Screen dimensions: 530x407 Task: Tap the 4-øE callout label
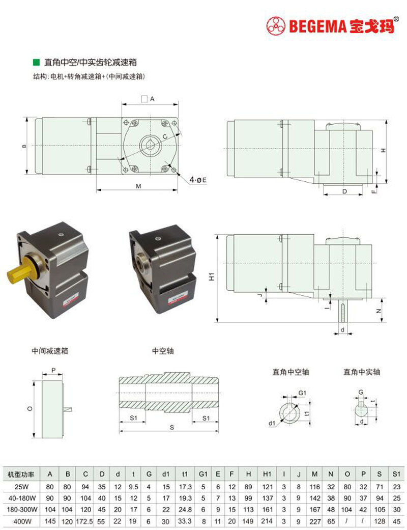point(198,180)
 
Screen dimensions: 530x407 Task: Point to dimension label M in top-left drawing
point(138,186)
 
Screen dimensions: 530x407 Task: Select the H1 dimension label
point(213,277)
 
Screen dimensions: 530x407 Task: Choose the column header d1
point(165,475)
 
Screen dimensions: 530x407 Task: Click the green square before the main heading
point(36,62)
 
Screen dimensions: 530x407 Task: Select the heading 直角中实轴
point(362,372)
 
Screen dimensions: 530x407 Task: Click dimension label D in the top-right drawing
point(344,191)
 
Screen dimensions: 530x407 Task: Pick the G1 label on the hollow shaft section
point(302,393)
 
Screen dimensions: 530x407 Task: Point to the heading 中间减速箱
point(50,351)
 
